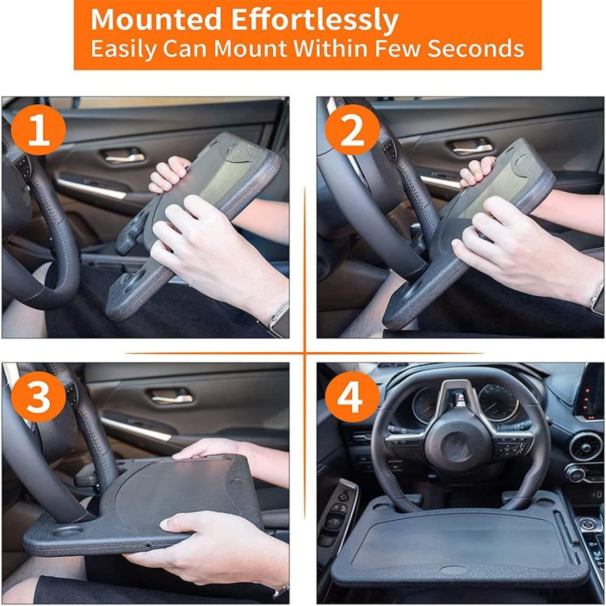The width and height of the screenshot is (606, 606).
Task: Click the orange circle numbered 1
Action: pos(38,130)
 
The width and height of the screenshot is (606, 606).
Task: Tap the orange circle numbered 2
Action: pos(352,130)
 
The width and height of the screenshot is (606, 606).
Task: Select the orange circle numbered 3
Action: pos(38,397)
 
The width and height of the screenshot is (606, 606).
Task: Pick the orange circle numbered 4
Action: pos(352,397)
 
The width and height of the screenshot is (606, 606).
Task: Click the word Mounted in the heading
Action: pos(156,20)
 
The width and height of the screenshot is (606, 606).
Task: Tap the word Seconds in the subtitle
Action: pos(475,49)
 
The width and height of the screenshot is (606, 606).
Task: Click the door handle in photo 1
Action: pos(125,156)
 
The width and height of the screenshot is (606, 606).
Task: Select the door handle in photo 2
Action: pos(472,147)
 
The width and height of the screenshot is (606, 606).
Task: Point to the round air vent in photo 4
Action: pos(585,447)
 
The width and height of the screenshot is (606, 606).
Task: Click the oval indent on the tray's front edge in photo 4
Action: pos(453,570)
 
